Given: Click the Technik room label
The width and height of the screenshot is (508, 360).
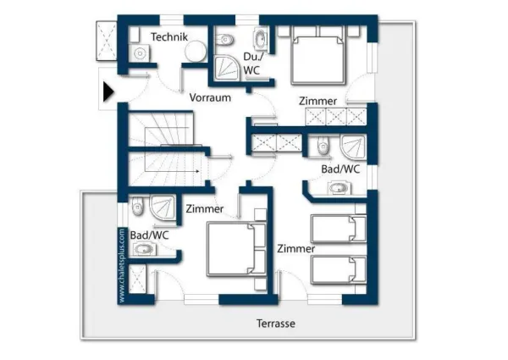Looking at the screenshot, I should pos(168,36).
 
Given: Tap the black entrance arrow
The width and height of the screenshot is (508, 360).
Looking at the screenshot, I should pos(108,91).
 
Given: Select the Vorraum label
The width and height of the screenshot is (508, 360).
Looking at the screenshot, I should pos(210,97).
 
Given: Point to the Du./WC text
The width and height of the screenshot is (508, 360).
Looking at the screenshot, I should pos(251,64).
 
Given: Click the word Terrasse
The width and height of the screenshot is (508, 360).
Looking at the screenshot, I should pos(276,324).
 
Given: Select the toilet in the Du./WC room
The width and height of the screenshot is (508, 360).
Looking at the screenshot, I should pos(226,39).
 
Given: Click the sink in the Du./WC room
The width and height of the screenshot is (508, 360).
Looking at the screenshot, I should pos(259,37).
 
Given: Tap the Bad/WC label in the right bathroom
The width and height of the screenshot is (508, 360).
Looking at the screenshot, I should pos(340,169).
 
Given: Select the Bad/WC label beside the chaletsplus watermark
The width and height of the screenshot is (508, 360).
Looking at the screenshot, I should pos(149,235).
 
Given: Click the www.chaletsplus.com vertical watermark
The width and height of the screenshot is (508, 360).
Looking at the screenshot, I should pos(123,265).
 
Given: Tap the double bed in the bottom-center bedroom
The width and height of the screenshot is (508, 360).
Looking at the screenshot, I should pos(229,247).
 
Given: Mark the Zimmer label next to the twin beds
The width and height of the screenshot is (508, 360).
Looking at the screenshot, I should pos(295,249).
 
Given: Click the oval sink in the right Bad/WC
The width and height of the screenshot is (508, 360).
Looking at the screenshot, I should pos(340,188).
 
